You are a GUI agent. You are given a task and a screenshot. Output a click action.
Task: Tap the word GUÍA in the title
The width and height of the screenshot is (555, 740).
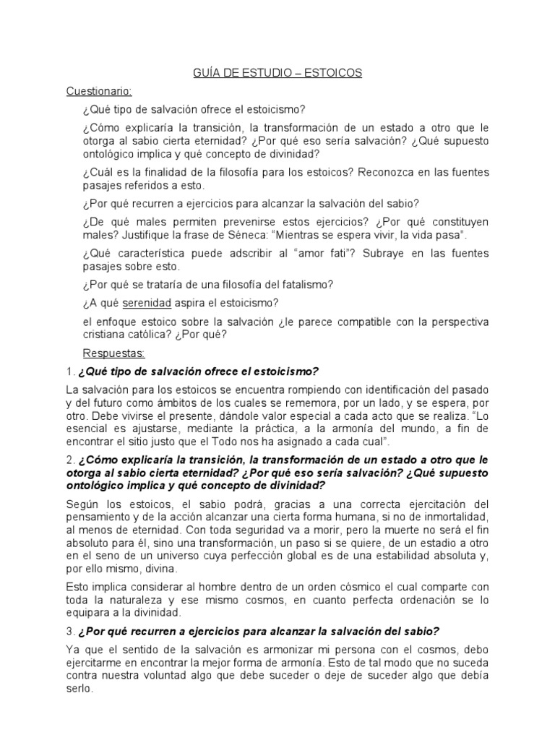pyautogui.click(x=206, y=73)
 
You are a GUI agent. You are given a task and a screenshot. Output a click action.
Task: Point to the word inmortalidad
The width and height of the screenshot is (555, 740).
pyautogui.click(x=452, y=517)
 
